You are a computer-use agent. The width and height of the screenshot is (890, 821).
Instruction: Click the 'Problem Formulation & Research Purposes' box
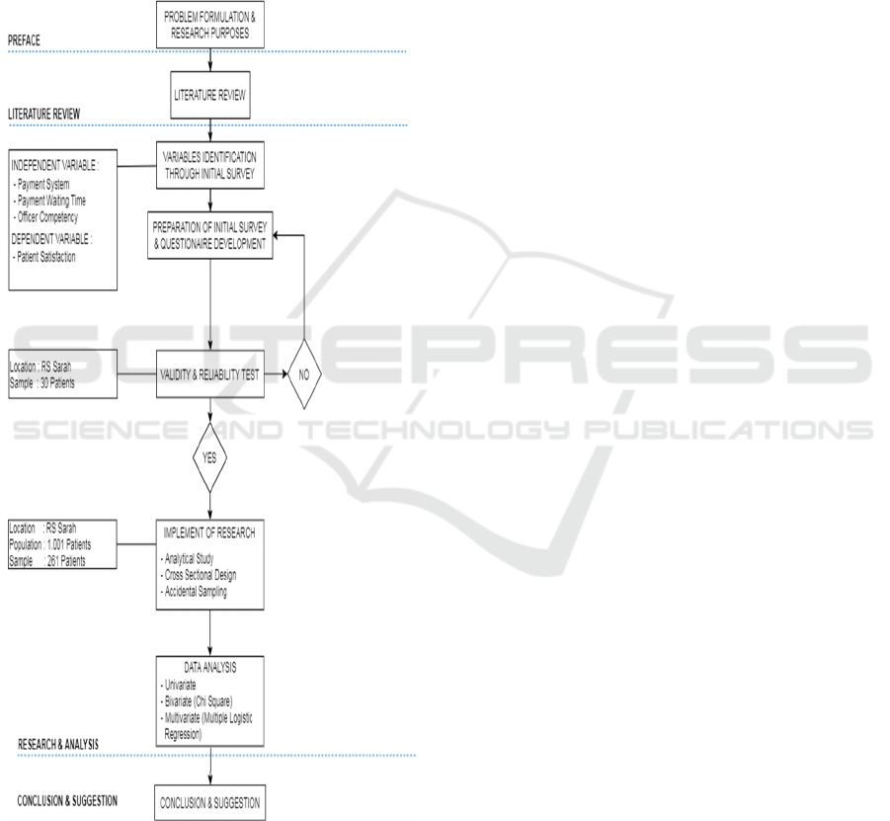[210, 23]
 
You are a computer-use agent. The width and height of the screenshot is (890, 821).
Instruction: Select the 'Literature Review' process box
[210, 95]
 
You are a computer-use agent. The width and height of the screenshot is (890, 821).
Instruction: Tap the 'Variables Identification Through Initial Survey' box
[209, 165]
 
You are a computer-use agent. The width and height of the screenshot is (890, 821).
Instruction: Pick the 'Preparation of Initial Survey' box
[209, 235]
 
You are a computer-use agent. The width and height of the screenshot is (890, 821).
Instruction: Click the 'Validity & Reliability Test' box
[210, 374]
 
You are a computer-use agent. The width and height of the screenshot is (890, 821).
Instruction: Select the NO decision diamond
[305, 375]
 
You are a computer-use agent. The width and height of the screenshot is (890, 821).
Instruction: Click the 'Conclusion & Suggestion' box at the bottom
[210, 802]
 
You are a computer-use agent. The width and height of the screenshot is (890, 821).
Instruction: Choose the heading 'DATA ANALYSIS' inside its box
[210, 667]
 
